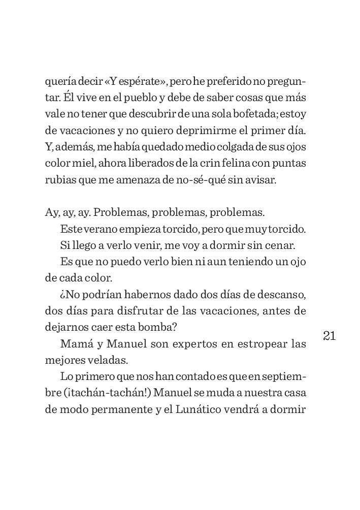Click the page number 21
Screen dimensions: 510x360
[329, 336]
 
